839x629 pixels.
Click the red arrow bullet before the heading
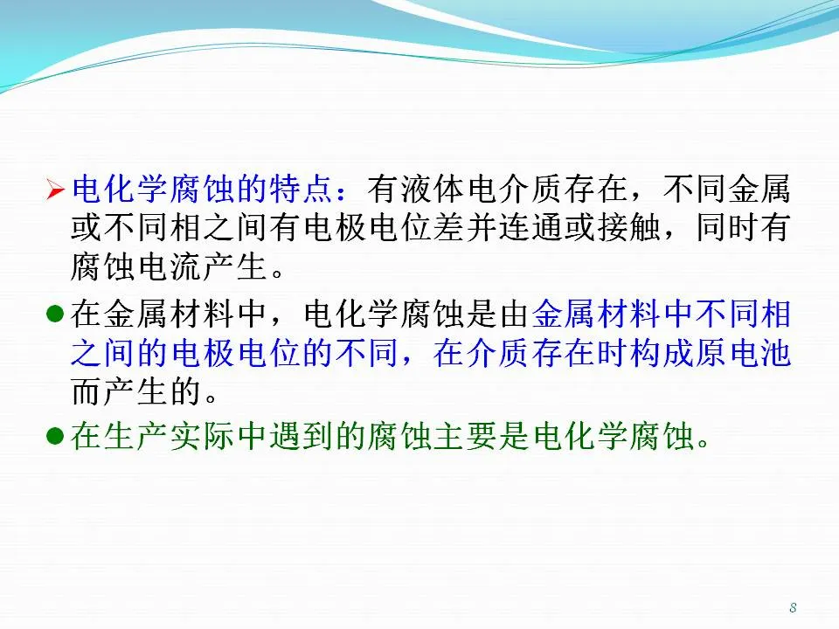(x=55, y=190)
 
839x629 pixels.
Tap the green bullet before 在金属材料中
(x=55, y=314)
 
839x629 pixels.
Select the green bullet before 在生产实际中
(x=55, y=436)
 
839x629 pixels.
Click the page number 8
(x=793, y=608)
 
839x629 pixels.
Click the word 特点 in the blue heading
(x=302, y=190)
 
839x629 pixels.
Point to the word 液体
(x=433, y=190)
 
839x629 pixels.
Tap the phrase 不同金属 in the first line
(x=726, y=190)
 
